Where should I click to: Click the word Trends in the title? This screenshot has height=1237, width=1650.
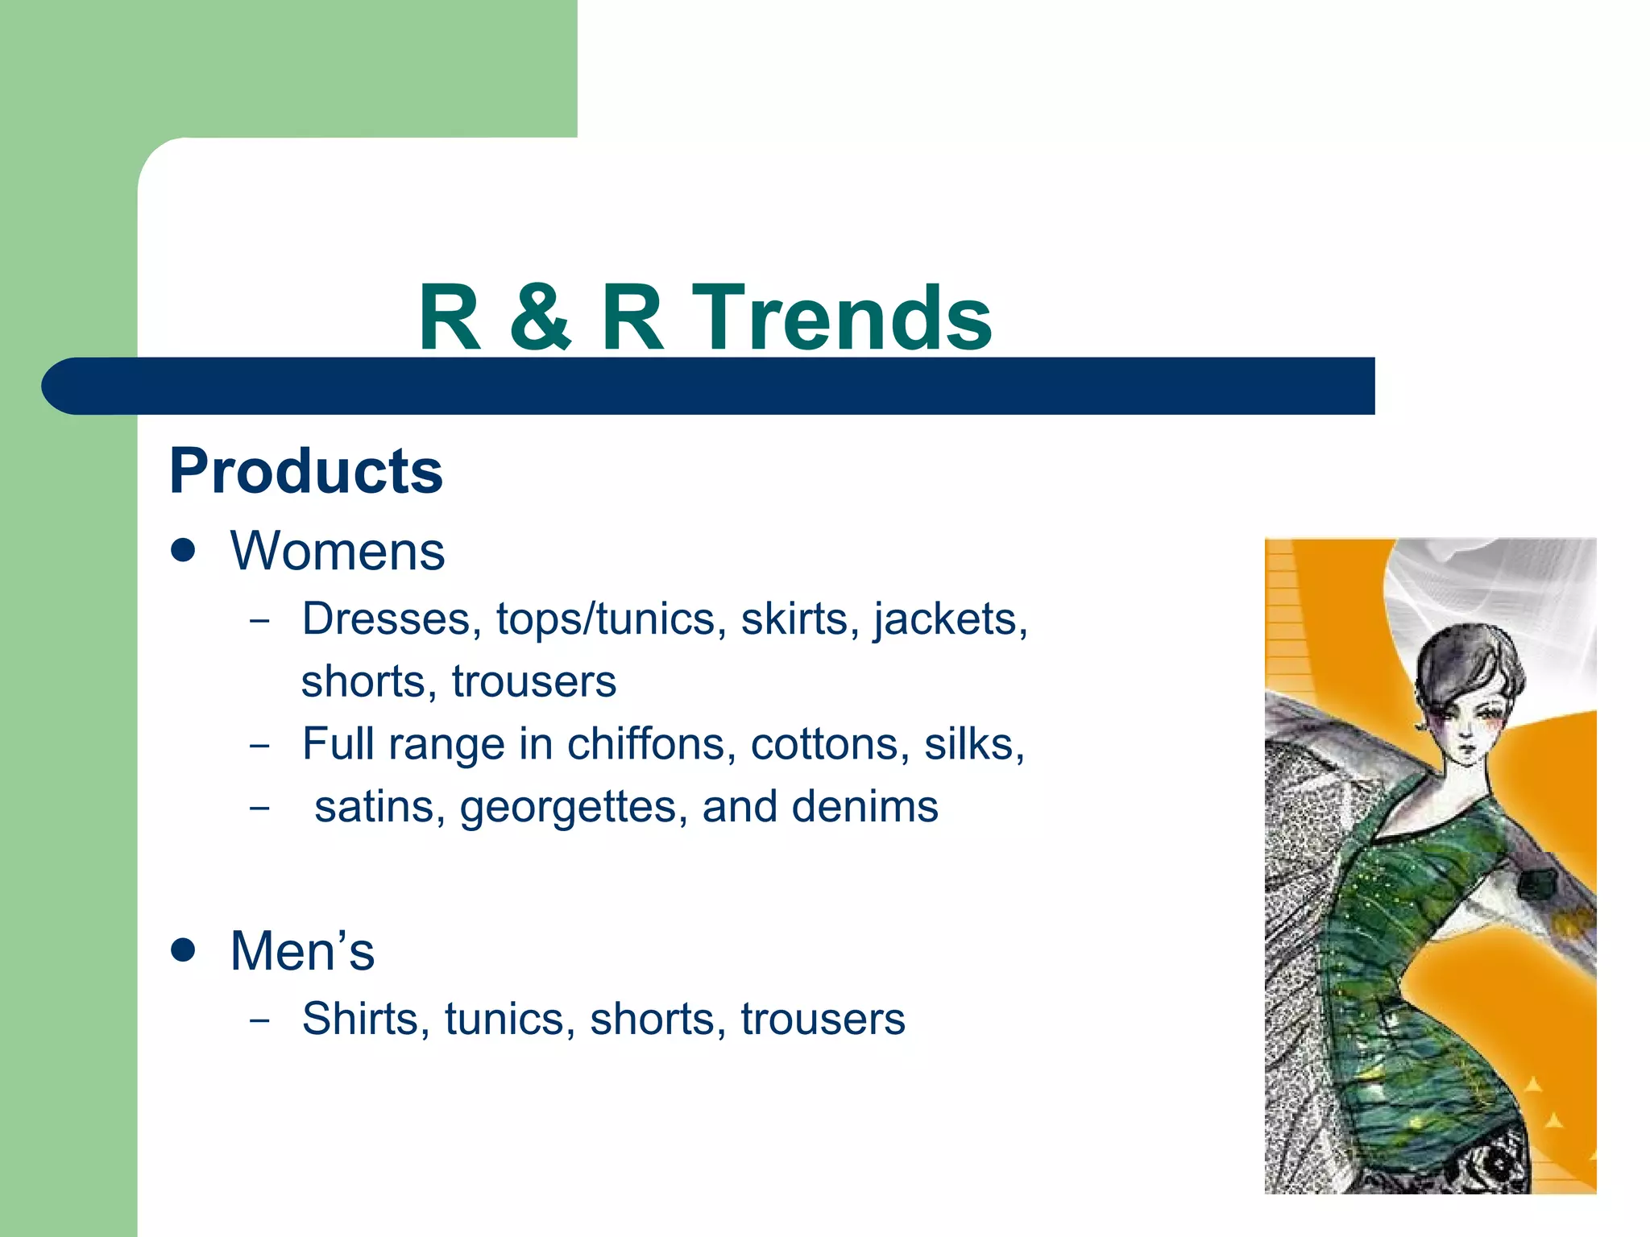click(x=841, y=318)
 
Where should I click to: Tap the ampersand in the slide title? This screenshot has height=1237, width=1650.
click(x=541, y=318)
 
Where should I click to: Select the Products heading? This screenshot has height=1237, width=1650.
click(x=306, y=471)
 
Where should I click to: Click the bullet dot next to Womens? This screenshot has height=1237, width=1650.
click(x=184, y=551)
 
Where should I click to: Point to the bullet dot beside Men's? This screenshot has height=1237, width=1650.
click(x=184, y=949)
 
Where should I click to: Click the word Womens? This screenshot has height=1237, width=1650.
click(x=338, y=552)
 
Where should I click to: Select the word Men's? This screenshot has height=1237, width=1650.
click(x=302, y=951)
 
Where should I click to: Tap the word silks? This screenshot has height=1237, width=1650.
click(x=973, y=743)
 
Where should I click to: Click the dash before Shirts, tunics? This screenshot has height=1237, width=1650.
click(x=259, y=1020)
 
